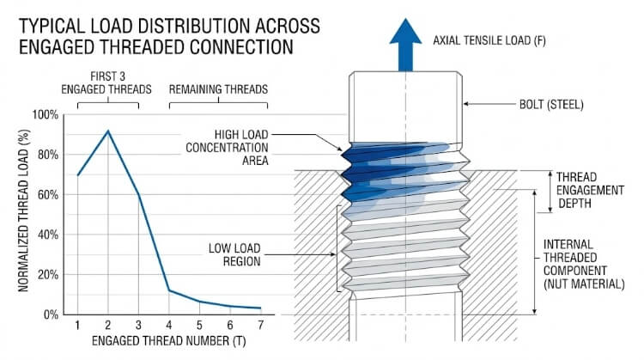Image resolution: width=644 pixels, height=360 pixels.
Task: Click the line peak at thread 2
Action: [107, 131]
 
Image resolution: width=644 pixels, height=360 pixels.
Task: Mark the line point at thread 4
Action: [168, 290]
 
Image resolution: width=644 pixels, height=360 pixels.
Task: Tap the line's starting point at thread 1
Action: [77, 175]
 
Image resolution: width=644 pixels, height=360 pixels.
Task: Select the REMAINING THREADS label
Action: [218, 89]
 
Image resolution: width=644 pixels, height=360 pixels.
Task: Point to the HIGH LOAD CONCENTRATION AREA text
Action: [254, 148]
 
